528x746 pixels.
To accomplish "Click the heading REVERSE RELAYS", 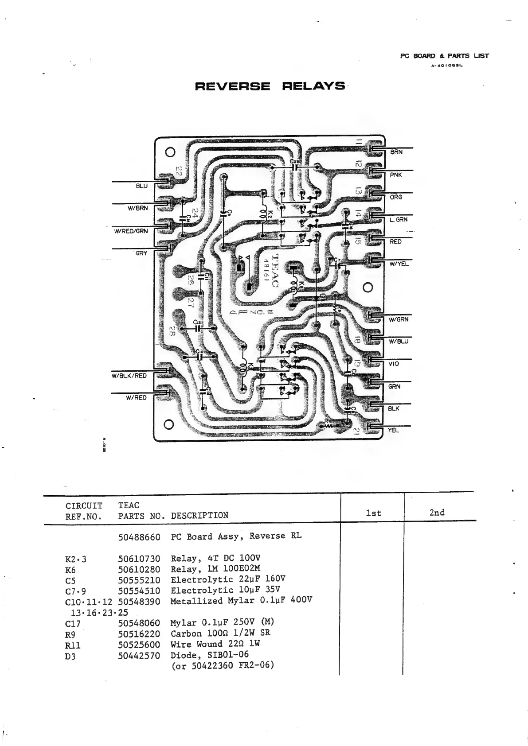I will [270, 86].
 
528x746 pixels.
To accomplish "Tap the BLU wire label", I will [141, 186].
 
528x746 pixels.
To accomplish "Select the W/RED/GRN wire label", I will [131, 231].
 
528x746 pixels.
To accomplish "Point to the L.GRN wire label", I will [398, 219].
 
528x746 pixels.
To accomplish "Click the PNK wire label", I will [395, 175].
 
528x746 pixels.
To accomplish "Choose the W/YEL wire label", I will [399, 264].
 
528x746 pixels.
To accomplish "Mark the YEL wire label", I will [393, 430].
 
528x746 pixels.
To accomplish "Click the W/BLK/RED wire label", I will [129, 376].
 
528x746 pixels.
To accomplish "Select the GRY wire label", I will [141, 253].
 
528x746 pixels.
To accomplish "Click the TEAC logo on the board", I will [274, 270].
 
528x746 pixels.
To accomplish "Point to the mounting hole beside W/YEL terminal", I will [367, 288].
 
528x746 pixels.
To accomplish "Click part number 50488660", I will [139, 537].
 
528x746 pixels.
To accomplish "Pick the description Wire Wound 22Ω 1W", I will [215, 644].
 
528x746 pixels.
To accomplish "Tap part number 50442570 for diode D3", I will [139, 655].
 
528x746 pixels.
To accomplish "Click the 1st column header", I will [373, 513].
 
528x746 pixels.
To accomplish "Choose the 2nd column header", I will [437, 513].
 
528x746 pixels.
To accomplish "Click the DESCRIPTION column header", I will [199, 516].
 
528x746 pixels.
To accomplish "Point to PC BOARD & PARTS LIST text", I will [444, 56].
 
